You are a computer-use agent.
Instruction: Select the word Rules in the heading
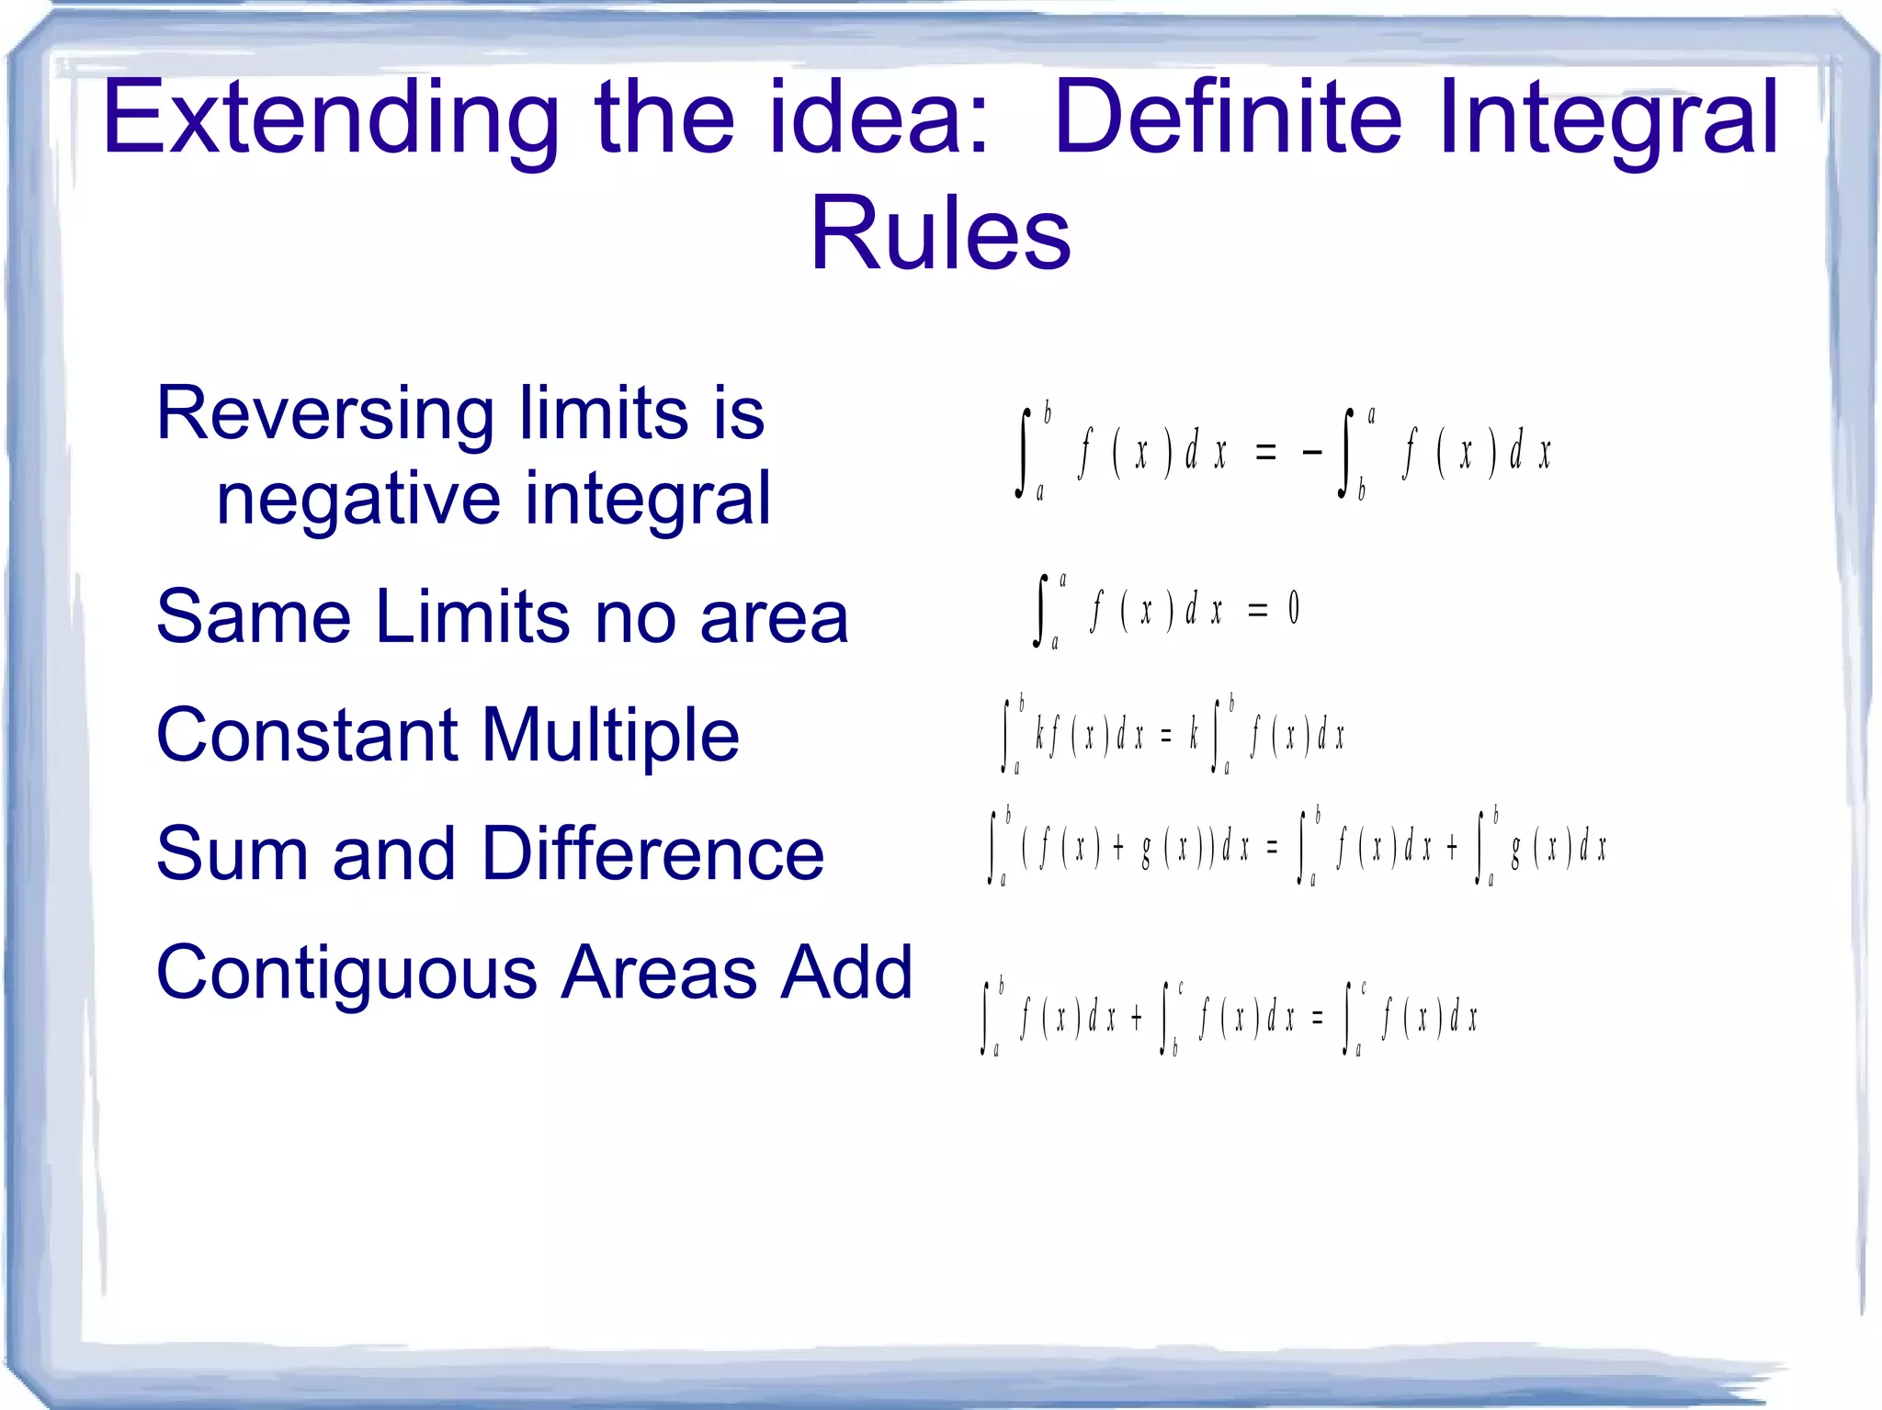pos(940,233)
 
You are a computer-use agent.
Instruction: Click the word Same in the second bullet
pos(254,616)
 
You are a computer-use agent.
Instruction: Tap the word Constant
pos(307,735)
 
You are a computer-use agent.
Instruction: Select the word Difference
pos(652,853)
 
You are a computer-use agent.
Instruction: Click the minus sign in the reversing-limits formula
pos(1311,452)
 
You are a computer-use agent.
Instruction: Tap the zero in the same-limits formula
pos(1294,608)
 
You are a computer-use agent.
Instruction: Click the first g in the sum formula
pos(1146,850)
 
